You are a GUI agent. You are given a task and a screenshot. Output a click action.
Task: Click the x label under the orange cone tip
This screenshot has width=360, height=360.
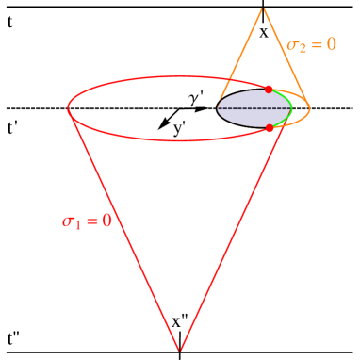pos(264,31)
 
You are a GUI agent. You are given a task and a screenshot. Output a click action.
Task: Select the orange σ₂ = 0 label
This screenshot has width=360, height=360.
pos(311,44)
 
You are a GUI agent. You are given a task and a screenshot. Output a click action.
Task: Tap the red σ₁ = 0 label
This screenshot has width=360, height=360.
pos(87,221)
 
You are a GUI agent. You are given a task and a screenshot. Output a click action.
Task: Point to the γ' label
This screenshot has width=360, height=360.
pos(196,99)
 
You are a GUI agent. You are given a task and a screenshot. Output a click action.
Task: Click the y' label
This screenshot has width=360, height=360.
pos(179,128)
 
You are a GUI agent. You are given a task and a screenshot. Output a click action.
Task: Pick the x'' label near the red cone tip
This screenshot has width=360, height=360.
pos(180,321)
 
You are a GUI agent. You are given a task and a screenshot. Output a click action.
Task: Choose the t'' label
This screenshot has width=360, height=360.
pos(14,338)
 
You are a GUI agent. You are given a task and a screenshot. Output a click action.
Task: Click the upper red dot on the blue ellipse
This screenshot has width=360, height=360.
pos(269,90)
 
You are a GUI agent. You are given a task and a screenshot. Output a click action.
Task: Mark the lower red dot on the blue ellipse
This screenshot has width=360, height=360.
pos(270,128)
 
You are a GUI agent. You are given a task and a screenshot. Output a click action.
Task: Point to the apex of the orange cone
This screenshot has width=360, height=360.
pos(263,8)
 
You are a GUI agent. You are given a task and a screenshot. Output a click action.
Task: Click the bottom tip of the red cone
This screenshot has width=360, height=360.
pos(179,352)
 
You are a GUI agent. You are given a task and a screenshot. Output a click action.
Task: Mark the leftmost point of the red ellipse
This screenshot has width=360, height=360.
pos(68,108)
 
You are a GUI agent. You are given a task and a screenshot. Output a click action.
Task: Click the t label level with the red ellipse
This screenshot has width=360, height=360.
pos(10,128)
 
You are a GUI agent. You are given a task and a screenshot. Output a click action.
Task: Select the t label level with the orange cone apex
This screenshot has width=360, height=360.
pos(10,21)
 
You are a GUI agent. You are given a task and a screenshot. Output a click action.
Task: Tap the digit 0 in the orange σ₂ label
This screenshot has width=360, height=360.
pos(330,44)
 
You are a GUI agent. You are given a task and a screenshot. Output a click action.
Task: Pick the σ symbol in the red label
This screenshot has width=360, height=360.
pos(69,221)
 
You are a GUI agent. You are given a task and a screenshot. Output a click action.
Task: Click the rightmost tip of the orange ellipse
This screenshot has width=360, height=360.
pos(310,109)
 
